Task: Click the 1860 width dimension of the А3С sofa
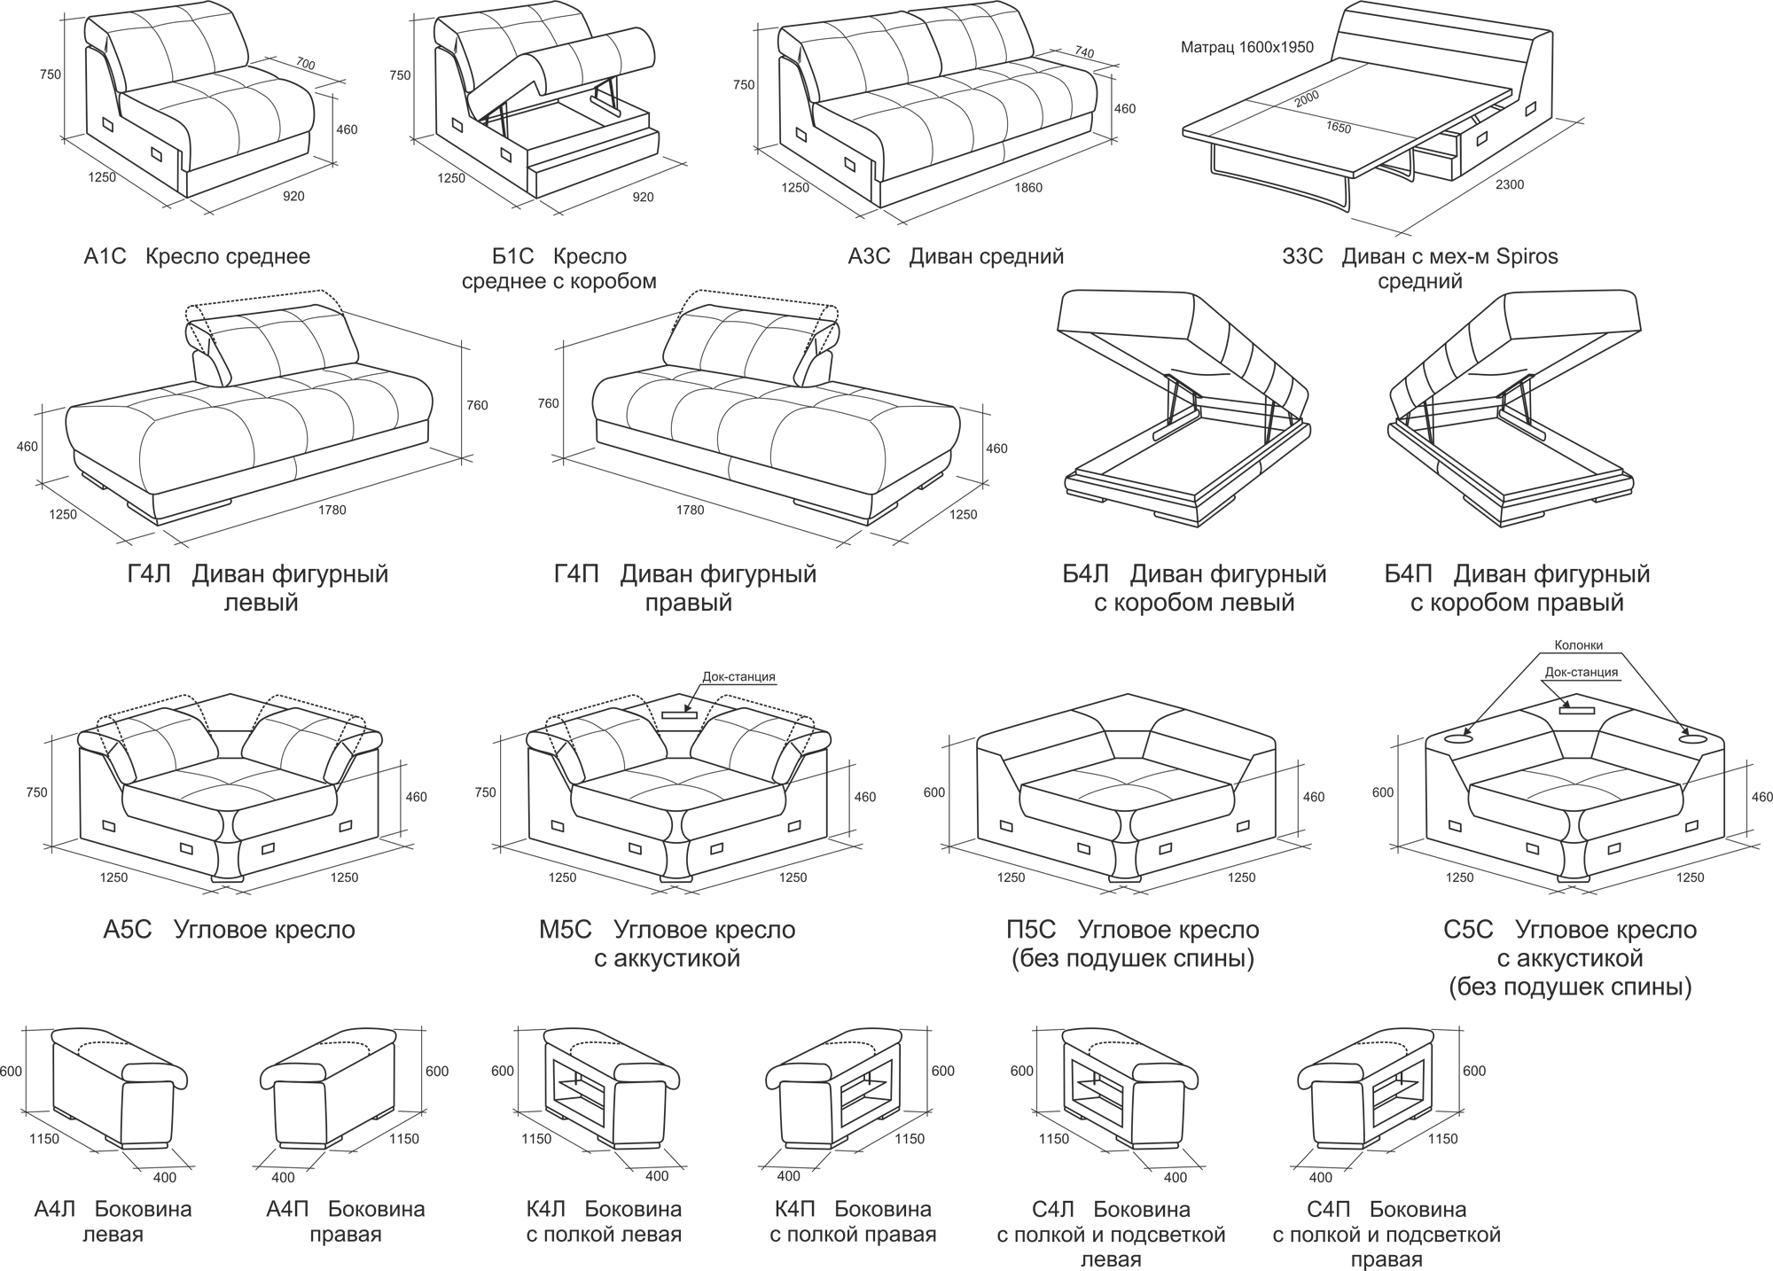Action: click(1028, 187)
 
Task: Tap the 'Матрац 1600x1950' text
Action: click(1247, 48)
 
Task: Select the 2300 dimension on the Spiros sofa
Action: click(1510, 184)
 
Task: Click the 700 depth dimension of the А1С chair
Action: click(305, 64)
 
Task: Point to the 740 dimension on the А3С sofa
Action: click(1083, 53)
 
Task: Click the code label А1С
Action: click(105, 257)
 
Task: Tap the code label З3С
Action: click(1302, 257)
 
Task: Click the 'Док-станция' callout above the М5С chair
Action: click(738, 677)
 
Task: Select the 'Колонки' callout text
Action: click(1579, 646)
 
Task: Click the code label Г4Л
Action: click(148, 574)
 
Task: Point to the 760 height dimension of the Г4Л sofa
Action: click(477, 406)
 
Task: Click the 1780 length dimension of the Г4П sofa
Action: click(690, 510)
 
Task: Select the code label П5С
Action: click(1031, 930)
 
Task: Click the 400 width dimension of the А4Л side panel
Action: click(165, 1177)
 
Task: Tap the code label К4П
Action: click(794, 1209)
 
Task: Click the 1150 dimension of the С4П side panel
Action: click(1442, 1139)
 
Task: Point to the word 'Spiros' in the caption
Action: click(1527, 257)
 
